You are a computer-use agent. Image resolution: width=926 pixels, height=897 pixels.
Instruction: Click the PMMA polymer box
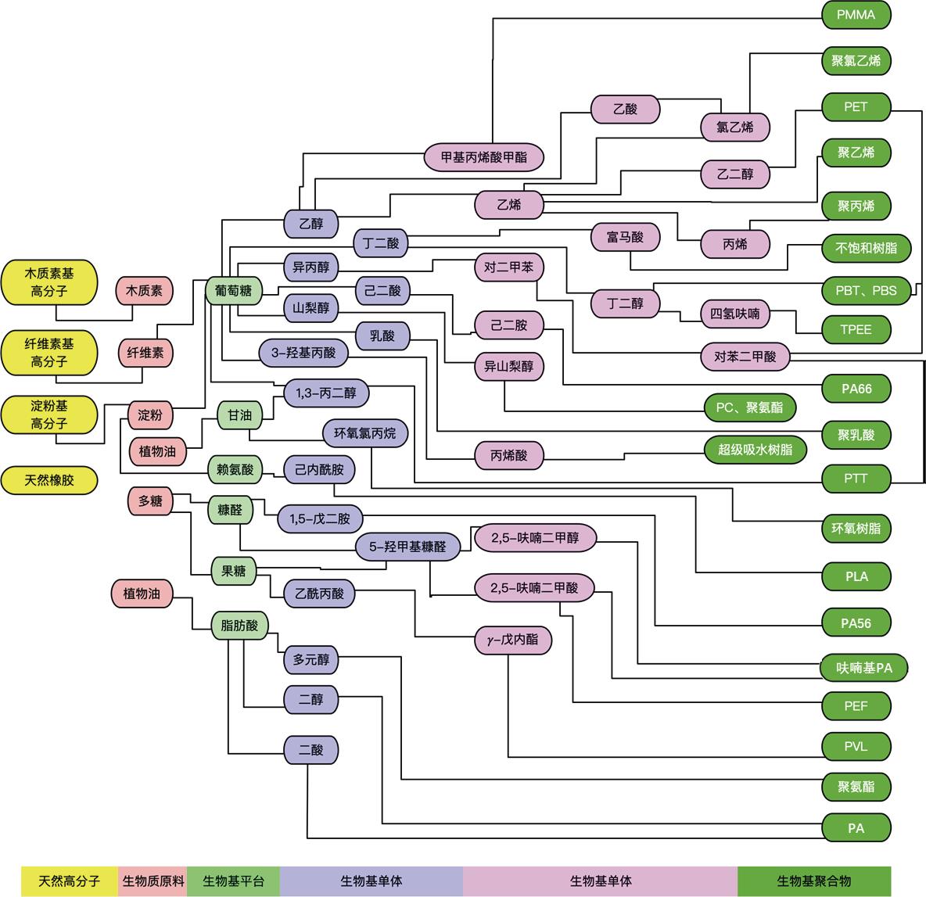[x=856, y=14]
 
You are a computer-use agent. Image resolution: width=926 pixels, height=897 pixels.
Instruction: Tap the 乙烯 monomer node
[x=509, y=206]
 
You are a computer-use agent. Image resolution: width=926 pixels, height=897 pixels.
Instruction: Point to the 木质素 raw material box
[x=145, y=291]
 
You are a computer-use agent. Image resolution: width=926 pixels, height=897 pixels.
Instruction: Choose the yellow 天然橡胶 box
[x=49, y=480]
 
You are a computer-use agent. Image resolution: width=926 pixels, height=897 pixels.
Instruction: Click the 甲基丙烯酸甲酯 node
[x=484, y=157]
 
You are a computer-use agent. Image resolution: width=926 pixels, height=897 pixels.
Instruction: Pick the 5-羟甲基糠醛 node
[x=407, y=547]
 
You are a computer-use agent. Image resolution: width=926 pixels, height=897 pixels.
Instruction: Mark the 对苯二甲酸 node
[x=745, y=357]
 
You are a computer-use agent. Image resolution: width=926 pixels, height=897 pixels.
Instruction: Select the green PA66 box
[x=856, y=388]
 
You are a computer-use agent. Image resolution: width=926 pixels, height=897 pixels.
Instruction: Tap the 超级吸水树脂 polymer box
[x=754, y=450]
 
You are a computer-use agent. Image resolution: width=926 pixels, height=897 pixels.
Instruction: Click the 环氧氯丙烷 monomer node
[x=365, y=432]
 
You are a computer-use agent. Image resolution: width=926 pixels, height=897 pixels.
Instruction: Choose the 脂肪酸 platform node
[x=240, y=625]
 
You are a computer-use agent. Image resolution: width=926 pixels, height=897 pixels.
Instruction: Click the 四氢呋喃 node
[x=735, y=314]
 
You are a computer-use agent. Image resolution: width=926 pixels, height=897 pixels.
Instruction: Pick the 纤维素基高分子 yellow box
[x=49, y=352]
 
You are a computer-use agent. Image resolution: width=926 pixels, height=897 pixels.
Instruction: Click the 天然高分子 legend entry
[x=70, y=881]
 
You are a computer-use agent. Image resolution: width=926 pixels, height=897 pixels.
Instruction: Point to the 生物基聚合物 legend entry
[x=813, y=881]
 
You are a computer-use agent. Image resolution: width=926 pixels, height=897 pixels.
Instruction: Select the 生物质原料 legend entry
[x=153, y=881]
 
